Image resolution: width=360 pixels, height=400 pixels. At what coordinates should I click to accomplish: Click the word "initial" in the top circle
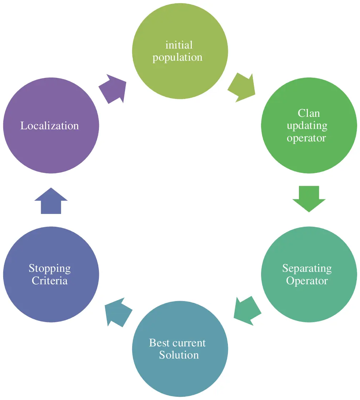[179, 45]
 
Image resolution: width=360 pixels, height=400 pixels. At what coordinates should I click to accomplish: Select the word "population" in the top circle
[177, 57]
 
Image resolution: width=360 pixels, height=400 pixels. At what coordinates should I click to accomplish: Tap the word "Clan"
[309, 113]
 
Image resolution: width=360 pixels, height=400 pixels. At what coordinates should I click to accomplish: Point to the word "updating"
[307, 126]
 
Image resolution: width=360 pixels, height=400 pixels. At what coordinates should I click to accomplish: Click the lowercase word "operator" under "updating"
[306, 138]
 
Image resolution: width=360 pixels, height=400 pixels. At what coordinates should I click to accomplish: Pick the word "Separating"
[307, 268]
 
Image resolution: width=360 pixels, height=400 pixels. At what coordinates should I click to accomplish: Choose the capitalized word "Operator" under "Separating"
[307, 281]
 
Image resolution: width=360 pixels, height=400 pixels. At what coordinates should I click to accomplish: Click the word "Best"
[159, 343]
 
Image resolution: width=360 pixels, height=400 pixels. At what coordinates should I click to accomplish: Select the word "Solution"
[179, 355]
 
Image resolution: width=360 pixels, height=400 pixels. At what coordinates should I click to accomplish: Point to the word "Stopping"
[50, 268]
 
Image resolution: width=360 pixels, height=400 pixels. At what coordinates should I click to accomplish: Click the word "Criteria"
[50, 281]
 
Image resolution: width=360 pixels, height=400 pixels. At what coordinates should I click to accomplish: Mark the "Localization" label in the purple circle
[50, 126]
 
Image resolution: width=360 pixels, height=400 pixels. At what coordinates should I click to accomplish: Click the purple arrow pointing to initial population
[113, 89]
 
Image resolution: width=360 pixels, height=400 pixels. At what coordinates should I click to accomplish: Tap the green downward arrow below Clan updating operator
[309, 199]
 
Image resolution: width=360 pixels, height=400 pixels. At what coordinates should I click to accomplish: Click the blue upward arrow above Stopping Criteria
[51, 201]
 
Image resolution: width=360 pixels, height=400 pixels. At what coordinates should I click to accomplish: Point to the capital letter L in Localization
[24, 126]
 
